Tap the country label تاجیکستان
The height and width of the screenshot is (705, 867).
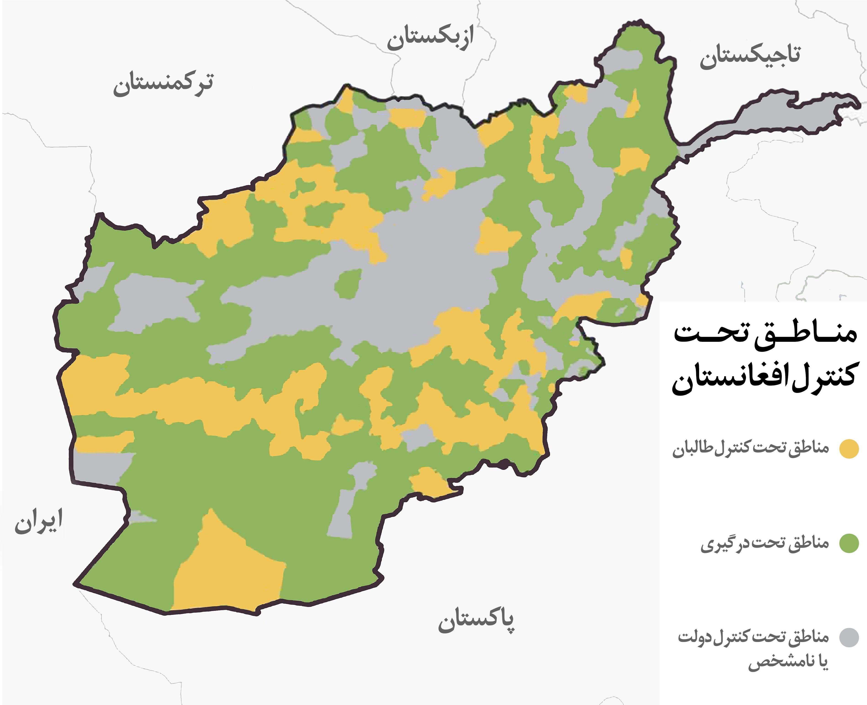click(750, 57)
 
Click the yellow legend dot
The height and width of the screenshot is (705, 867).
click(849, 449)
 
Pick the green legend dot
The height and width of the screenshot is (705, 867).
click(849, 543)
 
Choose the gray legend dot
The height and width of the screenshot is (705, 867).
click(849, 638)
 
